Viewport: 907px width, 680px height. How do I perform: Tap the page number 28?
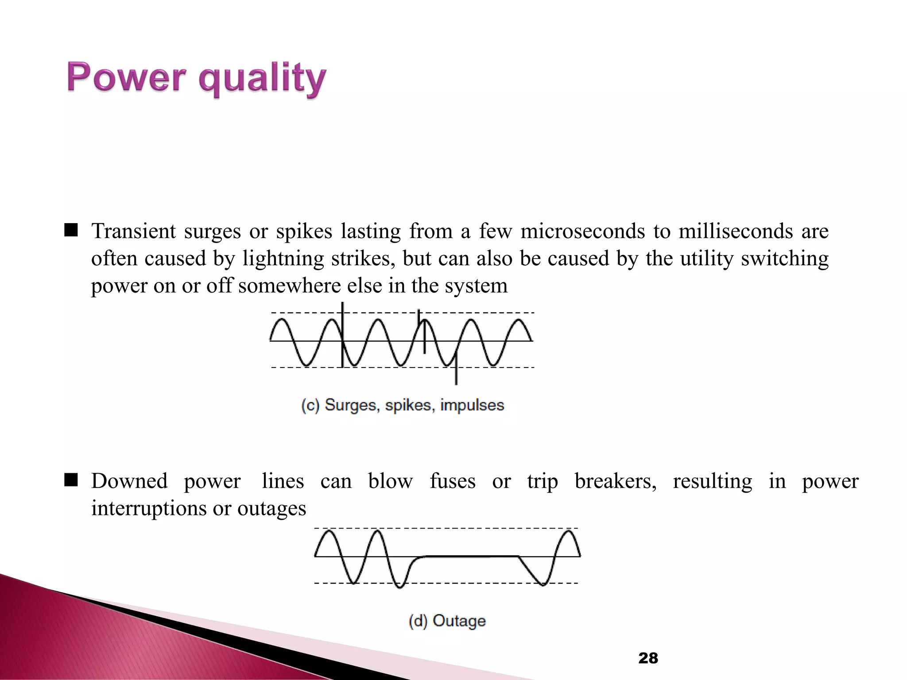(x=648, y=658)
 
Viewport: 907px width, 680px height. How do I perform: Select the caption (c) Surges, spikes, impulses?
(x=403, y=405)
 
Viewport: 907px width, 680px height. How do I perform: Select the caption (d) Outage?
(x=447, y=621)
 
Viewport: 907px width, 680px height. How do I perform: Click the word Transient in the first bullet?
(x=133, y=232)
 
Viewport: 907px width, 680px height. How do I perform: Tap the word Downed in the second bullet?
(x=129, y=481)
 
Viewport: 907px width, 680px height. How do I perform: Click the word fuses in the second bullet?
(x=452, y=481)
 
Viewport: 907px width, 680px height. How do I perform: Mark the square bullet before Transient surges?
(x=71, y=230)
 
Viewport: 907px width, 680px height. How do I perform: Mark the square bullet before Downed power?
(x=71, y=480)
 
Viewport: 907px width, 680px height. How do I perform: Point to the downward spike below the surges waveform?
(x=456, y=376)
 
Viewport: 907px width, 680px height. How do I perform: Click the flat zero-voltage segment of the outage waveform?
(x=472, y=556)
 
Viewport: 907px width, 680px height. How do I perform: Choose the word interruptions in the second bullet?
(x=148, y=508)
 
